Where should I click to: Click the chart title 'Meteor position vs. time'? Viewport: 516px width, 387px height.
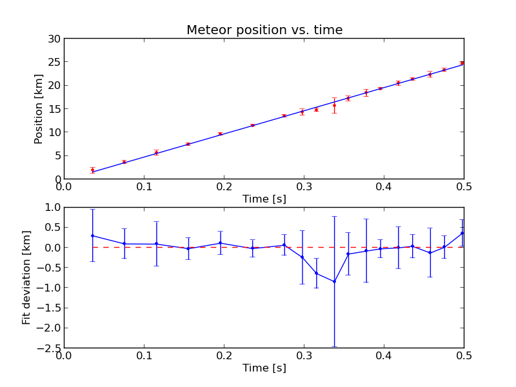click(x=264, y=30)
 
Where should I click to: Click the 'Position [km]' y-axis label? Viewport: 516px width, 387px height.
click(x=39, y=108)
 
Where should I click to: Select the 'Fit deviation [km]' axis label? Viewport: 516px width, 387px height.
click(x=26, y=277)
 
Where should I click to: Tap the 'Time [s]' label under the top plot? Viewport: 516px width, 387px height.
click(x=264, y=199)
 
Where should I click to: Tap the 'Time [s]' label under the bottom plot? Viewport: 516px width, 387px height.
click(x=264, y=368)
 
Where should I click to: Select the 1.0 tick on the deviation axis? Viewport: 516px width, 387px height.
click(x=53, y=207)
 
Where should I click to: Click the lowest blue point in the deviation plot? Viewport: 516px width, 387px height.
click(x=334, y=281)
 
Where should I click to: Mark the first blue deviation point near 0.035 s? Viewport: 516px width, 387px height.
click(x=92, y=235)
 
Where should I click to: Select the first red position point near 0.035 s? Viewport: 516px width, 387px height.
click(x=92, y=170)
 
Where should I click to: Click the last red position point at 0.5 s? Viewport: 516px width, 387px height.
click(x=462, y=63)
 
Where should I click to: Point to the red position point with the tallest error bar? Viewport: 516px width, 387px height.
click(x=334, y=105)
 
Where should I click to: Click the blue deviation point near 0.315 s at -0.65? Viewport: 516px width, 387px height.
click(x=316, y=273)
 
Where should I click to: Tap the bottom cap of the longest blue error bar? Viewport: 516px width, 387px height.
click(x=334, y=346)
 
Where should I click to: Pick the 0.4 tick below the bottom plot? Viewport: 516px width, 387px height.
click(x=384, y=355)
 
